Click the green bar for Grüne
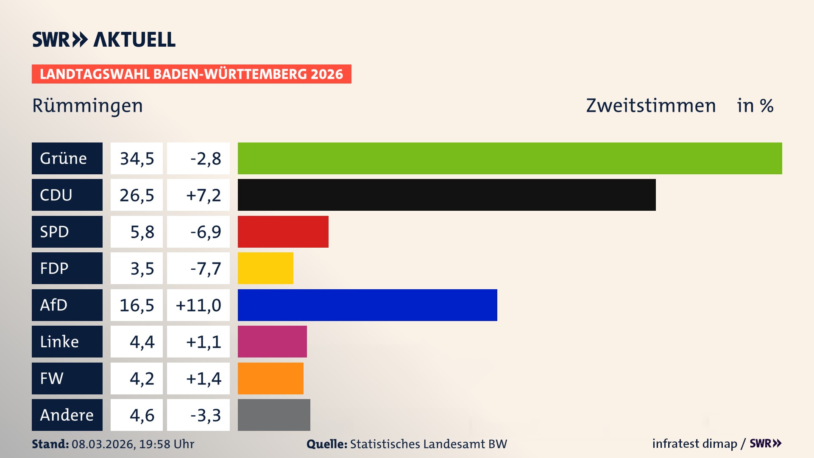pos(510,158)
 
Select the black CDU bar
pos(446,195)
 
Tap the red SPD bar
pos(283,232)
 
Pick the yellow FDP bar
pos(265,268)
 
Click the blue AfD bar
pos(367,305)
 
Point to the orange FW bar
pos(270,378)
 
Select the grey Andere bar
pos(274,415)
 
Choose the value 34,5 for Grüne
pos(137,159)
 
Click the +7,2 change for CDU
pos(203,195)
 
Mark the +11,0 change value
pos(198,305)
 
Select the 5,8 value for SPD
pos(142,232)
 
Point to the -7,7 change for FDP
pos(206,268)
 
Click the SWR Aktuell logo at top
pos(104,39)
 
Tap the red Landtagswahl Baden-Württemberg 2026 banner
pos(191,74)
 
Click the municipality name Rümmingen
pos(87,106)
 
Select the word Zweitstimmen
pos(651,106)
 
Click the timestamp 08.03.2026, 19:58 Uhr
pos(133,444)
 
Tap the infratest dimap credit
pos(694,444)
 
